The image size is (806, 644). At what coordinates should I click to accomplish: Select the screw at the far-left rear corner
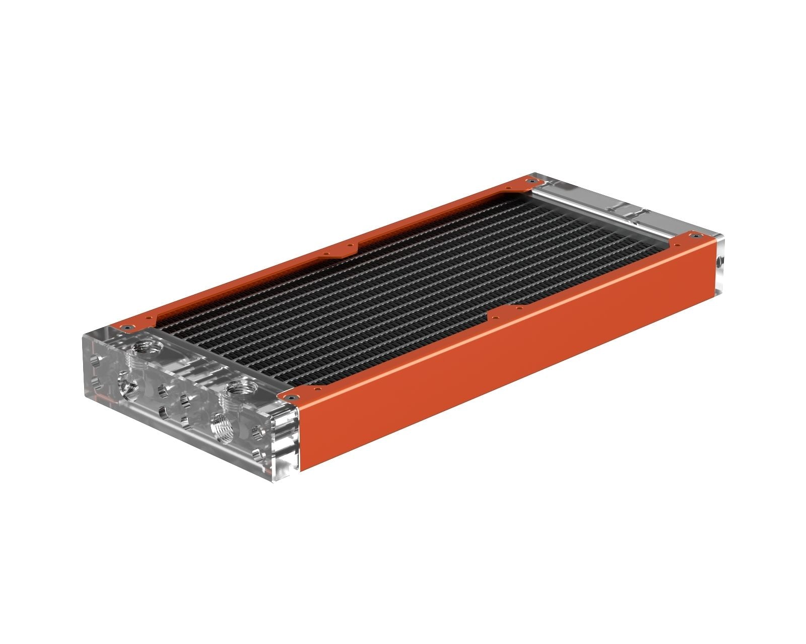528,180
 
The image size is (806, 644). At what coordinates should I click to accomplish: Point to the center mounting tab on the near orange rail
506,312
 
